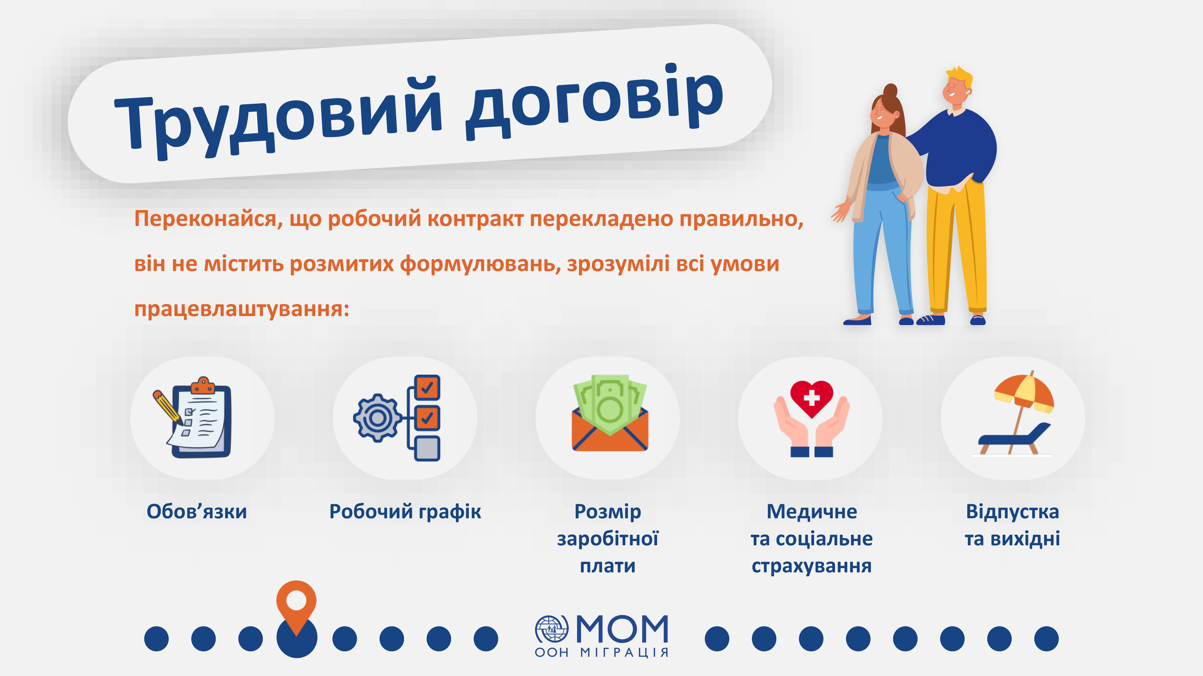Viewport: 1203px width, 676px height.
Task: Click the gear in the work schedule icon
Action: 378,418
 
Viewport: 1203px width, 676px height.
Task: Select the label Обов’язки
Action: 197,511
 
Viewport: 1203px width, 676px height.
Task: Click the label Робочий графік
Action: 405,512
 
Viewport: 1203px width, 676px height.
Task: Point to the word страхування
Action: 812,566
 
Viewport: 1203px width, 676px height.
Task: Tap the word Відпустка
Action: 1012,512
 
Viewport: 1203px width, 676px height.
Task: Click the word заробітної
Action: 608,539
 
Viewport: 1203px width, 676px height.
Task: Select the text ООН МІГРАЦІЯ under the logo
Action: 601,652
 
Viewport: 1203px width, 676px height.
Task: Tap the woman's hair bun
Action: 890,90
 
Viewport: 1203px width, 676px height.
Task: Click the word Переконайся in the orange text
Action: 208,218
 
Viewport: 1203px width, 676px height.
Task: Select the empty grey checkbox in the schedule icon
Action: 427,448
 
